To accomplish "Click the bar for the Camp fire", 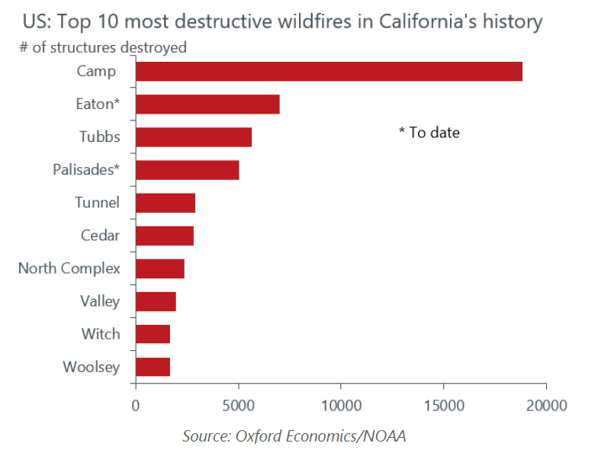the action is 329,71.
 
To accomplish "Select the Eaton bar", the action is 207,104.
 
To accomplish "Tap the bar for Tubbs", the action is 194,137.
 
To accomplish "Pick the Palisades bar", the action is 188,170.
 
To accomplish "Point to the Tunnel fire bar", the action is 166,203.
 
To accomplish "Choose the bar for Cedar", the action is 165,236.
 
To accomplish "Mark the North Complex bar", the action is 160,268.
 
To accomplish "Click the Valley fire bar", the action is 156,301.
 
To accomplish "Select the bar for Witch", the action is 153,334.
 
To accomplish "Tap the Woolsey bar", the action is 153,367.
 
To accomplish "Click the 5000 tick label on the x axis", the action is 239,406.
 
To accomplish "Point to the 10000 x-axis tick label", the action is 341,406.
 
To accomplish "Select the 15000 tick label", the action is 444,406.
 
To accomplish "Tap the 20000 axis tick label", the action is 547,406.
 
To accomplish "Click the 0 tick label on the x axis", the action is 136,406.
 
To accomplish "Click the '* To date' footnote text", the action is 429,133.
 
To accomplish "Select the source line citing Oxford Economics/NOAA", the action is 294,436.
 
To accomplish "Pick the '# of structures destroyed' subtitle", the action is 103,47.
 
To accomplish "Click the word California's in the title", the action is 428,21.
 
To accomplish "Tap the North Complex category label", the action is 69,268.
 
